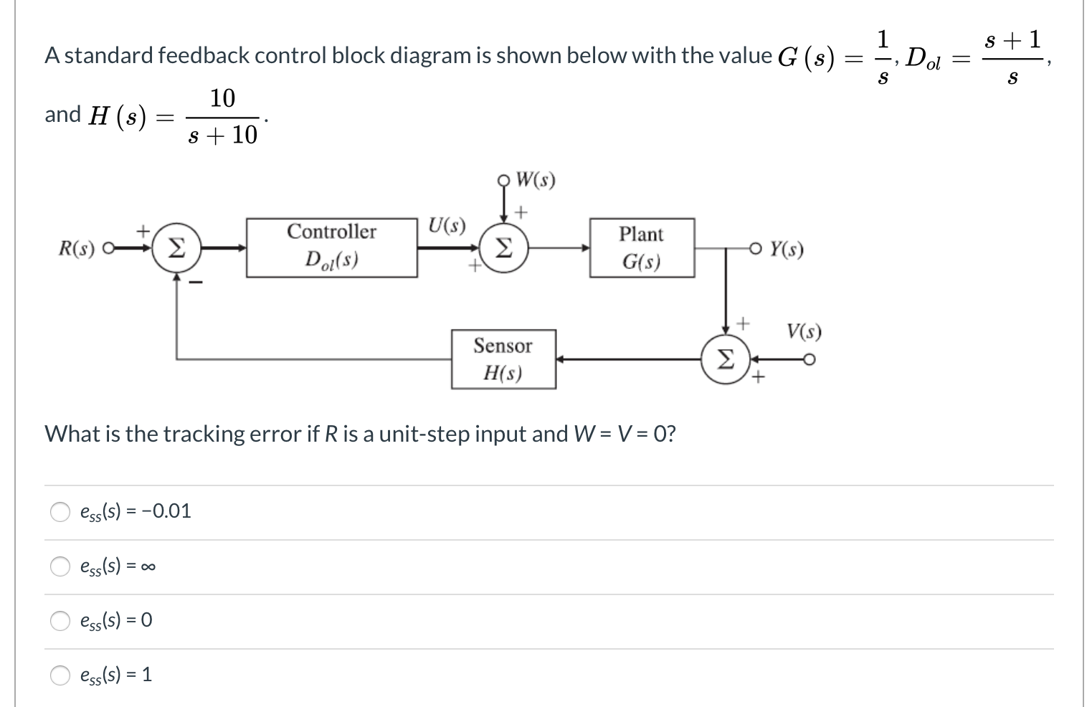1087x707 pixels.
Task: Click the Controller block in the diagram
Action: (331, 247)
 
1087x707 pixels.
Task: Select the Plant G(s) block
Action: (642, 247)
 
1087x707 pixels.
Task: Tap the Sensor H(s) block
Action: (503, 359)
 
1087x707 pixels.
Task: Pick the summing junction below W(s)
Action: (504, 248)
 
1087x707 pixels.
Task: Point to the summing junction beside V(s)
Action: (726, 359)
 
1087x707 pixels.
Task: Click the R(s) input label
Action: (77, 249)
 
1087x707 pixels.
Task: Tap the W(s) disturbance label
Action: (535, 179)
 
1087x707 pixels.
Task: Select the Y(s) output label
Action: (787, 249)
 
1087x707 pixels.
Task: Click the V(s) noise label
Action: (804, 331)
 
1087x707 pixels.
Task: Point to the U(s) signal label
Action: (447, 225)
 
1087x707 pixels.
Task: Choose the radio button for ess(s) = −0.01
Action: (60, 511)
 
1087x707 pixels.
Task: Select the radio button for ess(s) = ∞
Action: (60, 566)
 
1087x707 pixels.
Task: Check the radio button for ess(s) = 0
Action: (60, 620)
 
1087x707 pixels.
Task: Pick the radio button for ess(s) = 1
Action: (60, 675)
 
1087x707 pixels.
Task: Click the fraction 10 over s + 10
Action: (222, 116)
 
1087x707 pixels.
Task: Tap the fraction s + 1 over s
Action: (1012, 57)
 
